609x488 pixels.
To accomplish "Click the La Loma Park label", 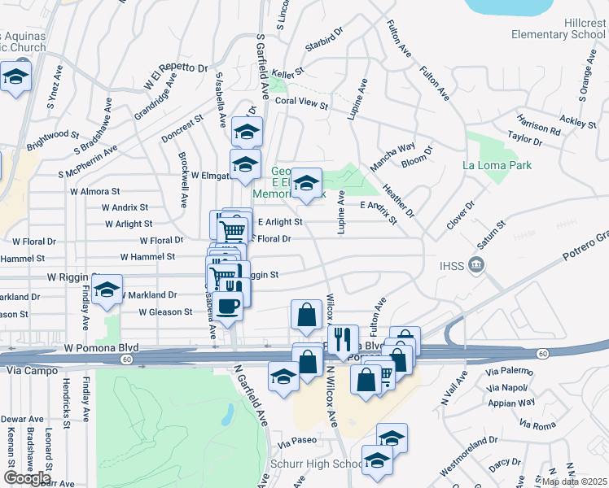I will [x=496, y=166].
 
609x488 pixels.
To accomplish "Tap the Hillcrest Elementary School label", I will [x=558, y=29].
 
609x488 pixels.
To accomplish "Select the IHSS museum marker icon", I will [x=477, y=264].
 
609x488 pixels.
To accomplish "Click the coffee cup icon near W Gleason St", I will [x=230, y=306].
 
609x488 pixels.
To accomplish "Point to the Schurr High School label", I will [x=326, y=464].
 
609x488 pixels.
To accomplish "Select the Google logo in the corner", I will [x=27, y=477].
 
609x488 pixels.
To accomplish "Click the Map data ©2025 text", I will [x=574, y=481].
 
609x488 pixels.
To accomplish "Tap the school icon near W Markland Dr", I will [x=107, y=289].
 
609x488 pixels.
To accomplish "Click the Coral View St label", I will [x=300, y=105].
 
